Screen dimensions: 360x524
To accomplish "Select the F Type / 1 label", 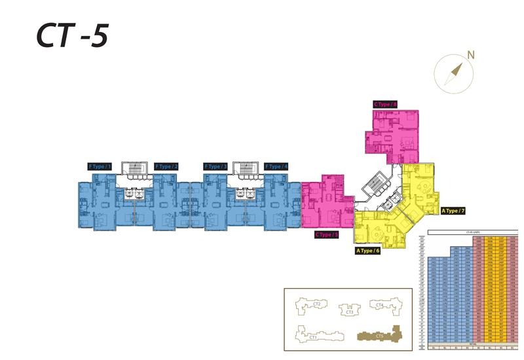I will click(x=100, y=167).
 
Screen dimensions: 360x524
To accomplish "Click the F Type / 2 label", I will click(x=166, y=167).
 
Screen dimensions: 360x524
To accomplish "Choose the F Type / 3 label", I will click(x=215, y=167).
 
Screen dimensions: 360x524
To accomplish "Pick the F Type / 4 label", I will click(x=276, y=167).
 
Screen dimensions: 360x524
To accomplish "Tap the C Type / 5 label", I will click(x=327, y=234).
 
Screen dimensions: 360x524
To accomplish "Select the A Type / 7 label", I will click(x=453, y=211).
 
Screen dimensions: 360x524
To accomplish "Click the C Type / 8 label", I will click(x=385, y=104).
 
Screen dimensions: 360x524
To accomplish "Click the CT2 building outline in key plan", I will click(x=315, y=305).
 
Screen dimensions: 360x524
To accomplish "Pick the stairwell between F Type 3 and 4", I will click(x=244, y=171).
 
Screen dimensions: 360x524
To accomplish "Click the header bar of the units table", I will click(x=472, y=232).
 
